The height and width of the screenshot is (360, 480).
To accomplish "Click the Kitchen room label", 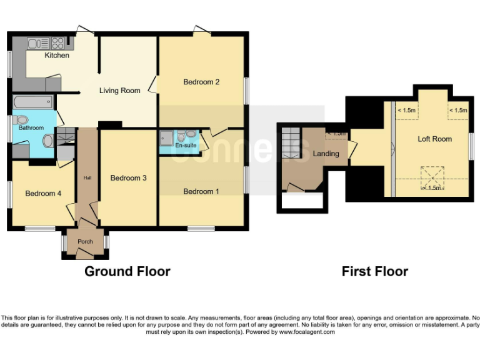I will click(57, 56).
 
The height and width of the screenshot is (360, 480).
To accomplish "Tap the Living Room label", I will click(120, 91).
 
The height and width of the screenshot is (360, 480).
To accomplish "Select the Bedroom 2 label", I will click(201, 82).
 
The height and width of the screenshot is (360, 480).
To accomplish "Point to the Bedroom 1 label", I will click(201, 191).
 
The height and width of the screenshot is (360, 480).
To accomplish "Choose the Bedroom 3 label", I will click(128, 178).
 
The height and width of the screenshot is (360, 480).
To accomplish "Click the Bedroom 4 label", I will click(43, 194).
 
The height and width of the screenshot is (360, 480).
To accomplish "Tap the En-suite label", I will click(186, 146).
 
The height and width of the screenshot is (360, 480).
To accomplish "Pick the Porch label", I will click(85, 242).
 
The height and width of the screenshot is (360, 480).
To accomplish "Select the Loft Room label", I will click(434, 139).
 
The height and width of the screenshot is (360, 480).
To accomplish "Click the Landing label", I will click(326, 154).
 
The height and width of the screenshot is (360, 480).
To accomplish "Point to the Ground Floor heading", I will click(127, 271).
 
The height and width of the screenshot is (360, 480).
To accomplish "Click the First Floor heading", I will click(374, 271).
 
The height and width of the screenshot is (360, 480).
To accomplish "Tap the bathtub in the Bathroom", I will click(33, 102).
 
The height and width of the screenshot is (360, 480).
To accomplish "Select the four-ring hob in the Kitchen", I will click(57, 43).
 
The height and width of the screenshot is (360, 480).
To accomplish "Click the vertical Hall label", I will click(87, 179).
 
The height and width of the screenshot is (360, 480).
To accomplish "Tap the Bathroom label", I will click(31, 128).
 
